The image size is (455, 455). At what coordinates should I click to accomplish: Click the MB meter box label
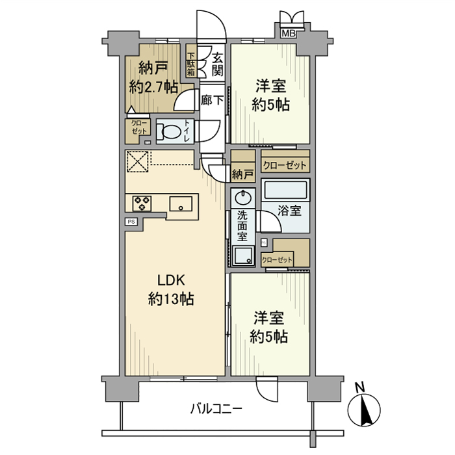click(288, 33)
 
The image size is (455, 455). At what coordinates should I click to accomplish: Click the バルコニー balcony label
click(216, 409)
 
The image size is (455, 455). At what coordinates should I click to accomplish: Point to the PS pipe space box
click(131, 222)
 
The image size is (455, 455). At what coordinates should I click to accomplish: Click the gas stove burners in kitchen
click(141, 203)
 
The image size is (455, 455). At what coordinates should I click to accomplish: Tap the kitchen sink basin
click(180, 203)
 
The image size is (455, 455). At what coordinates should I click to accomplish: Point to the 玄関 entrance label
click(216, 63)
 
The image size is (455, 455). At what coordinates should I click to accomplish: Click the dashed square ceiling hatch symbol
click(138, 161)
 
